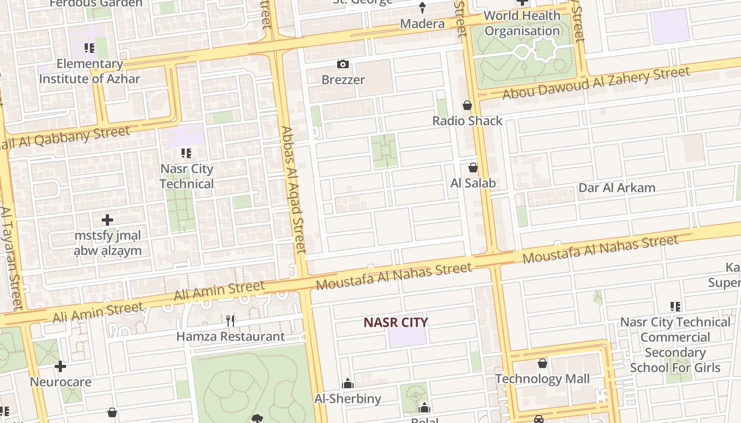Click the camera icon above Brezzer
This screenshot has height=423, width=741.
[x=343, y=65]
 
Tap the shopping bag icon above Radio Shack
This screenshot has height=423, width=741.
[x=467, y=105]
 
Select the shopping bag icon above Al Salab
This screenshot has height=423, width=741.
[x=473, y=168]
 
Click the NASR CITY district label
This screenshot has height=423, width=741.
[x=395, y=322]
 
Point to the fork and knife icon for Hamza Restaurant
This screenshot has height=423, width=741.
[x=230, y=320]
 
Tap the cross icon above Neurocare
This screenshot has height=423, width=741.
[x=60, y=366]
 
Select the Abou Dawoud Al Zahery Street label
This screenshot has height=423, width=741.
[x=596, y=83]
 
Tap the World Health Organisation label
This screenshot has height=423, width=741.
[x=522, y=23]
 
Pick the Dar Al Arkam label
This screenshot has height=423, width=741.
[x=617, y=188]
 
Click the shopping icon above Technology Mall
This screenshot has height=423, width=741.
[x=543, y=363]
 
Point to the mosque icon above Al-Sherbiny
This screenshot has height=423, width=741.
[x=348, y=383]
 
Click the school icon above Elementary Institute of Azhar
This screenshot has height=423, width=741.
[x=89, y=48]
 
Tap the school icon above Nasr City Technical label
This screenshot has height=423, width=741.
[x=186, y=153]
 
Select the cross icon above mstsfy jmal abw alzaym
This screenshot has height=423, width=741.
[x=107, y=219]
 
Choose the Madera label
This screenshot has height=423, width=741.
[x=422, y=24]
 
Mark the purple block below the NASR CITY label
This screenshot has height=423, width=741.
[x=407, y=337]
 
